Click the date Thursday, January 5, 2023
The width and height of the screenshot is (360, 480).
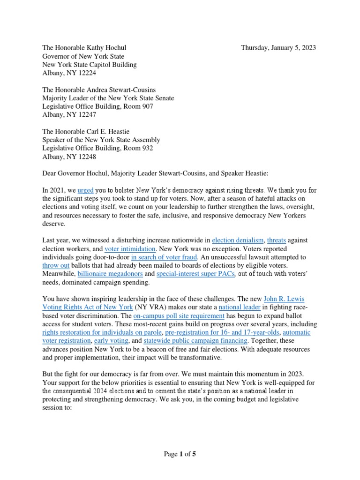click(x=278, y=47)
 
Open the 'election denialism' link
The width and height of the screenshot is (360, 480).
click(x=238, y=240)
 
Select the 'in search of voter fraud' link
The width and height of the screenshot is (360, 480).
click(x=165, y=257)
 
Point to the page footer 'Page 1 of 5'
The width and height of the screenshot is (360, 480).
click(x=180, y=454)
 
